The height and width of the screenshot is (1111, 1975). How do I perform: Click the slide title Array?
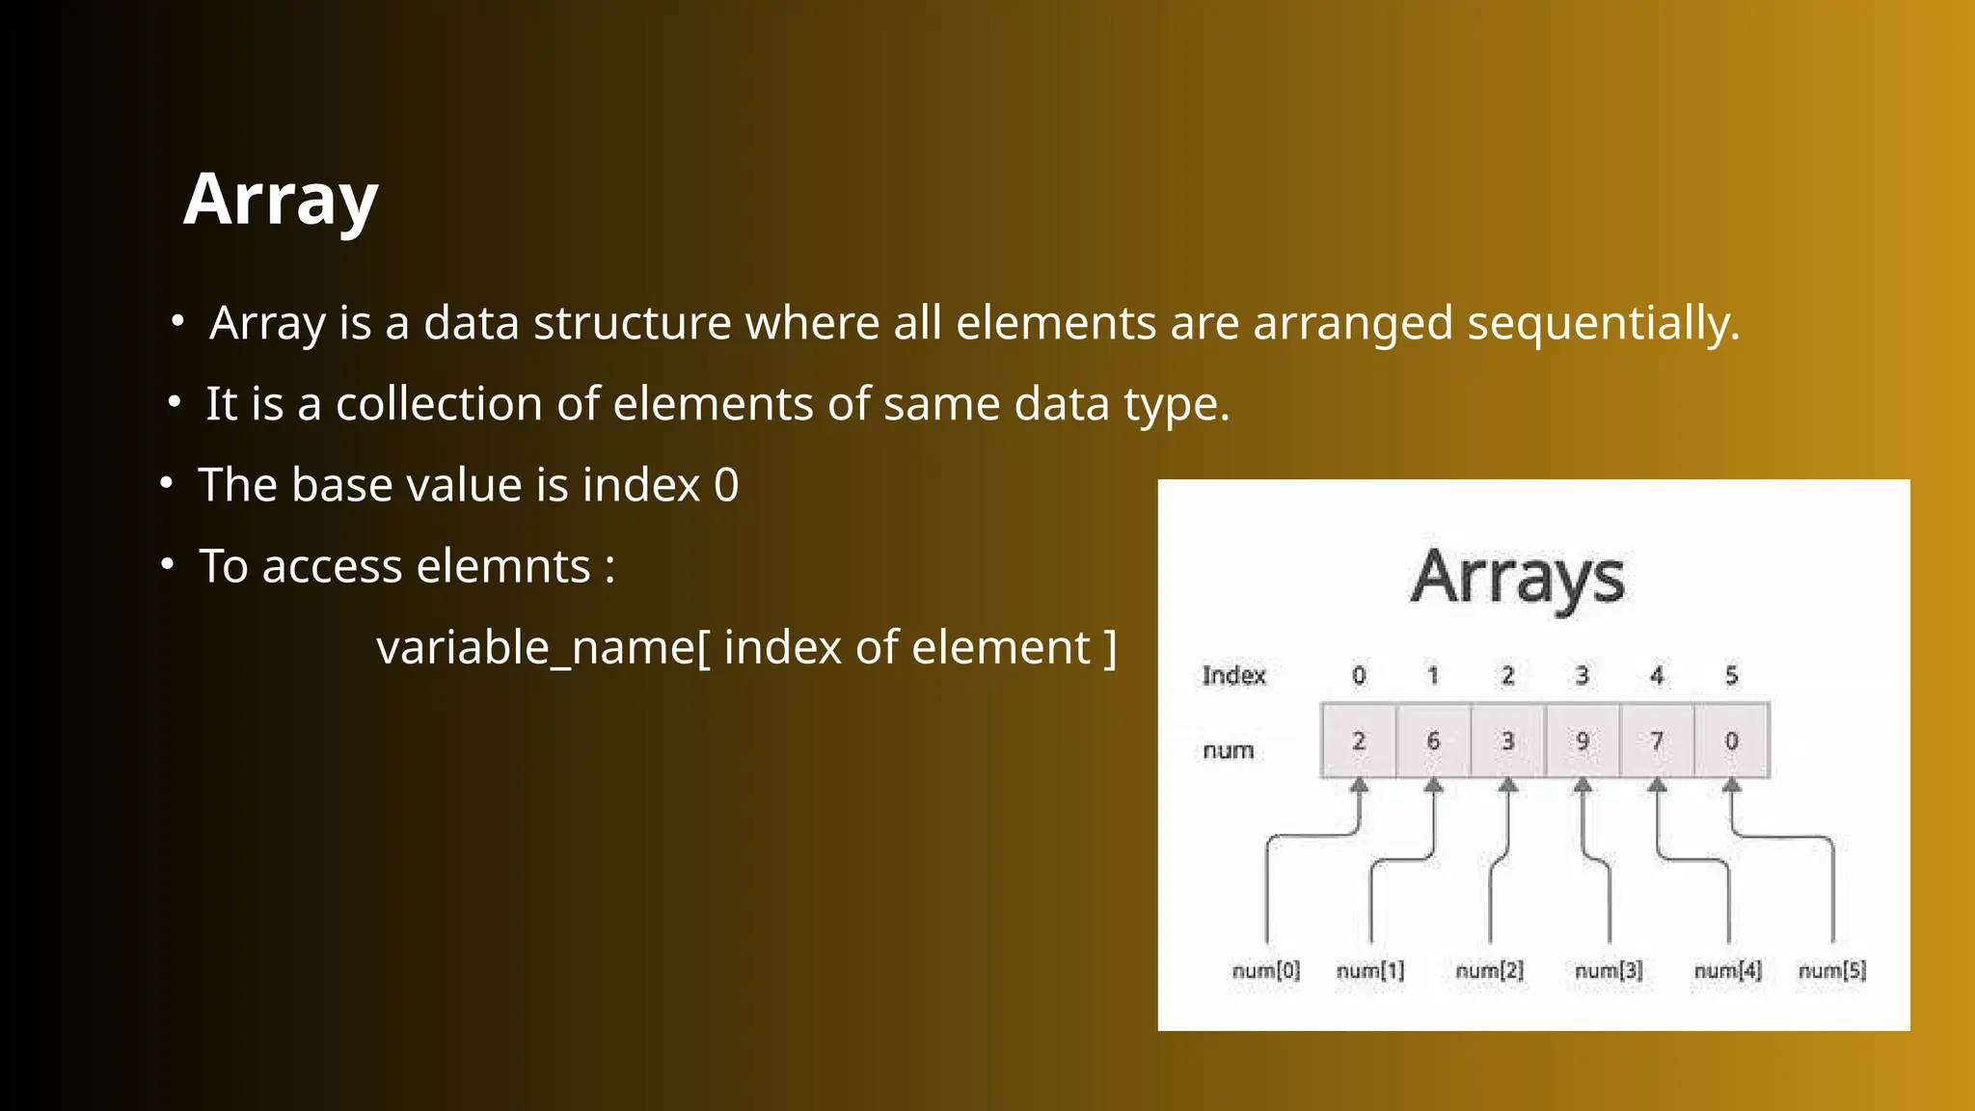click(x=281, y=200)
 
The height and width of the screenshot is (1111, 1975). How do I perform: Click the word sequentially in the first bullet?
click(x=1603, y=323)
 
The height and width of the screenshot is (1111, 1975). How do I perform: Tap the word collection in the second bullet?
click(x=438, y=404)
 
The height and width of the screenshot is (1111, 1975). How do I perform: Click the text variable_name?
click(x=535, y=648)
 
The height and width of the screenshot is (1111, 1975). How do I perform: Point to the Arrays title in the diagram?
click(x=1518, y=578)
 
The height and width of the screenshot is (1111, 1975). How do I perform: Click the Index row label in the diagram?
click(x=1233, y=675)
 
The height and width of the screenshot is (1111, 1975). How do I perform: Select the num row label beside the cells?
click(x=1228, y=750)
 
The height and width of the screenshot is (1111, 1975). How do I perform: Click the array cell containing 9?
click(x=1583, y=741)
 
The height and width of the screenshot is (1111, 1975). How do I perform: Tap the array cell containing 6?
click(x=1433, y=741)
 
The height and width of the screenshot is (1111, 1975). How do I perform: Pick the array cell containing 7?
click(x=1657, y=741)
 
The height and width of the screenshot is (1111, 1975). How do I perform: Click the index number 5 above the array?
click(x=1731, y=675)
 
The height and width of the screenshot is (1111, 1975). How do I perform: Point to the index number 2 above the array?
click(x=1507, y=675)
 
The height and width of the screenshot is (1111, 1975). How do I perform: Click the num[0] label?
click(x=1265, y=970)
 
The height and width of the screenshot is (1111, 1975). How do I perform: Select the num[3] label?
click(x=1609, y=970)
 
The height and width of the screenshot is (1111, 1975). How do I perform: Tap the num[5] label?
click(x=1832, y=970)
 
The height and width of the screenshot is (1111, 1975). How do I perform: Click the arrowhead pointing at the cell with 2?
click(x=1359, y=786)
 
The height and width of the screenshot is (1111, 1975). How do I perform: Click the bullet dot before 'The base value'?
click(x=166, y=482)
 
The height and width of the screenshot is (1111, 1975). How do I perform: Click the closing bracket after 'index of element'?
click(x=1110, y=648)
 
